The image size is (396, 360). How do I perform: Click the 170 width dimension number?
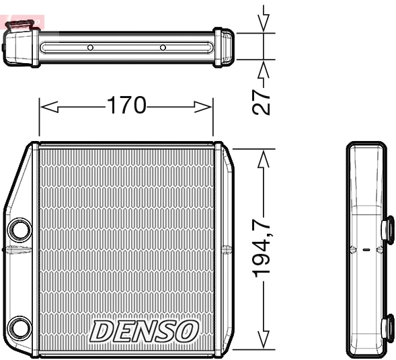[x=126, y=105]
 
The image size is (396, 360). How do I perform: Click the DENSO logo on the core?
[x=145, y=330]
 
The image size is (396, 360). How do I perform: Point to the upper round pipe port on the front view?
[x=19, y=230]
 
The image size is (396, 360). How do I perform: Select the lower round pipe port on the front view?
[x=19, y=329]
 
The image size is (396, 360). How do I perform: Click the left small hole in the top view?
[x=90, y=48]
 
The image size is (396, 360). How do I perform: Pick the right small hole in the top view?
[x=163, y=48]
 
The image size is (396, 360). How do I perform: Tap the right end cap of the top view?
[x=223, y=47]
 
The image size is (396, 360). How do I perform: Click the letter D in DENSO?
[x=102, y=330]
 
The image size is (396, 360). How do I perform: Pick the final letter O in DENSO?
[x=188, y=330]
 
